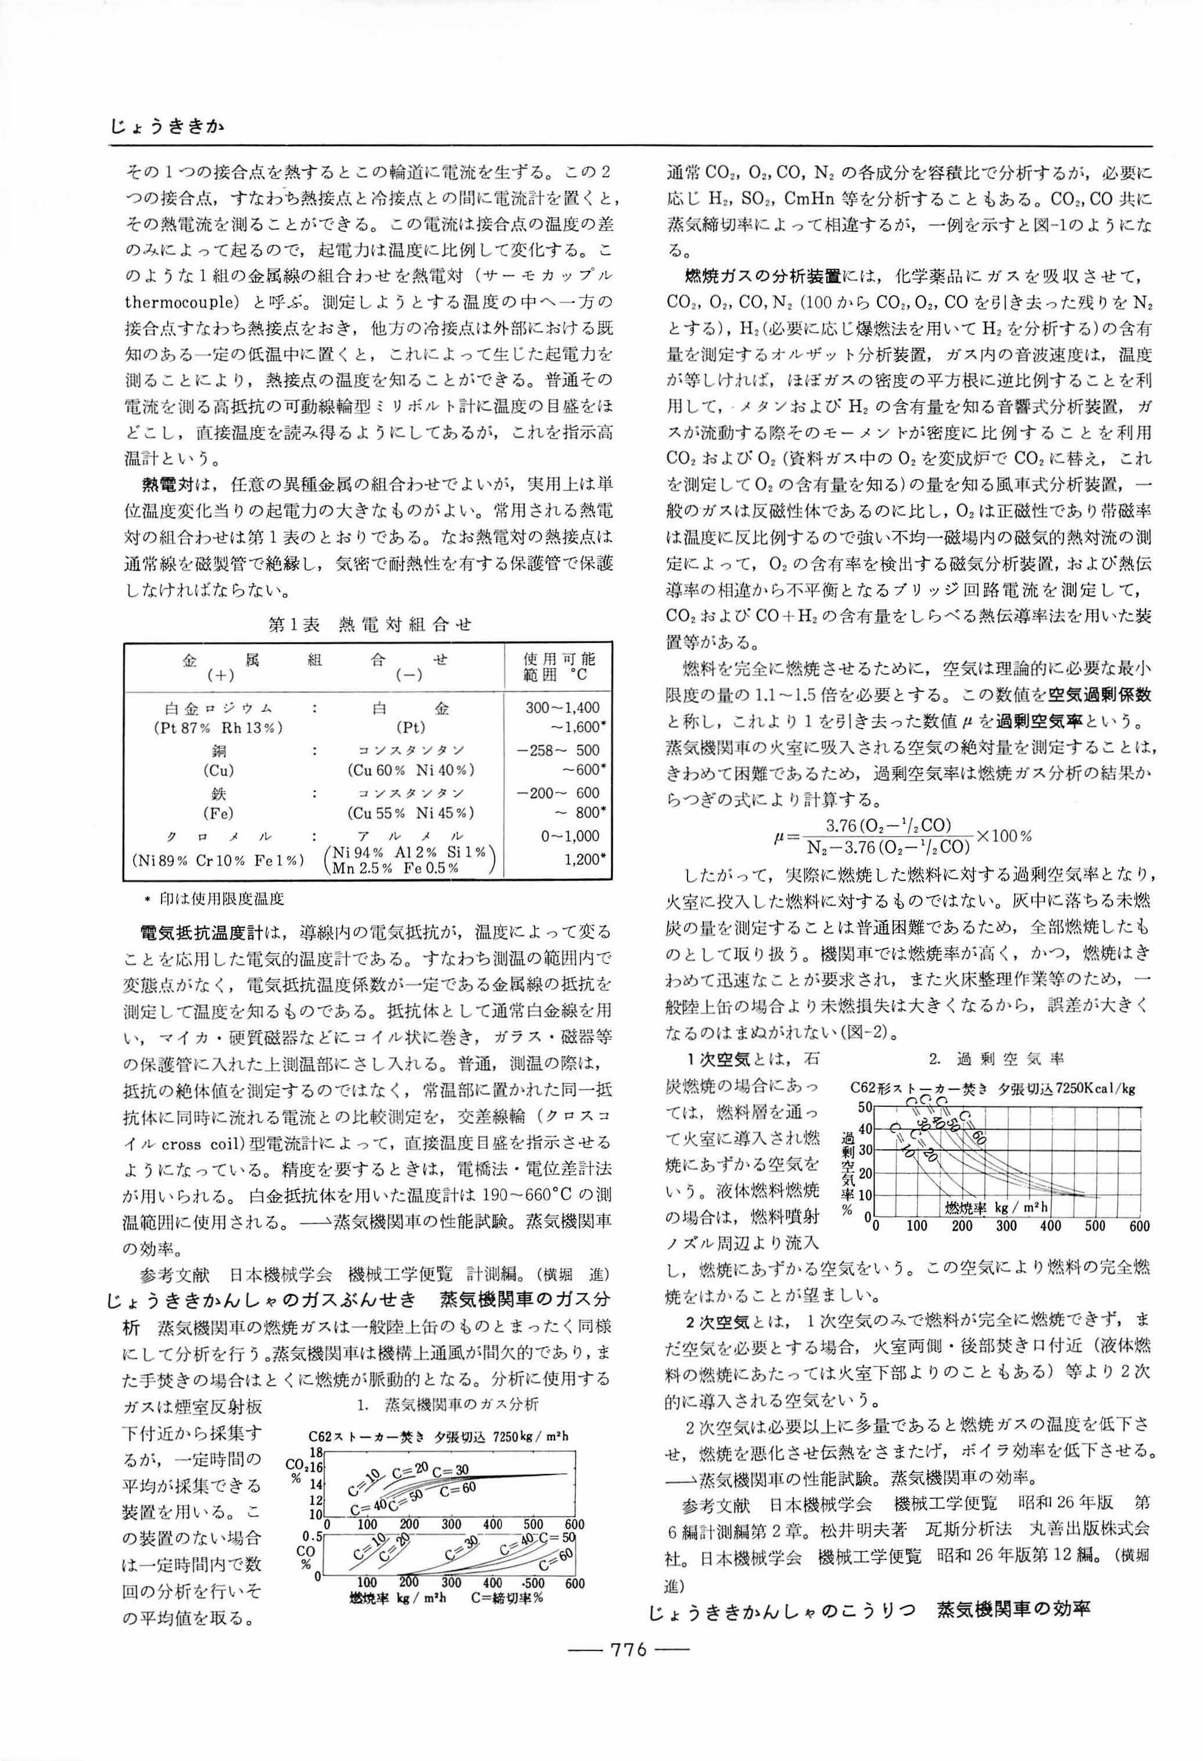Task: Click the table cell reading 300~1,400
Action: pos(563,708)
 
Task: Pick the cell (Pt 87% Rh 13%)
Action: pos(217,727)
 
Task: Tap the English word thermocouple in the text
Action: pos(184,302)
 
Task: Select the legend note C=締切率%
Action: pos(506,1599)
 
